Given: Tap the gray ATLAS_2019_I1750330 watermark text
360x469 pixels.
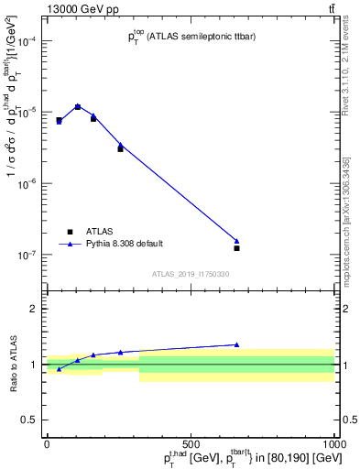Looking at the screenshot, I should [191, 274].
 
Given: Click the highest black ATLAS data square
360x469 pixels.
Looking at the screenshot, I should [78, 107].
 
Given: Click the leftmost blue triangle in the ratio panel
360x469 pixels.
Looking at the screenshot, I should [59, 369].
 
